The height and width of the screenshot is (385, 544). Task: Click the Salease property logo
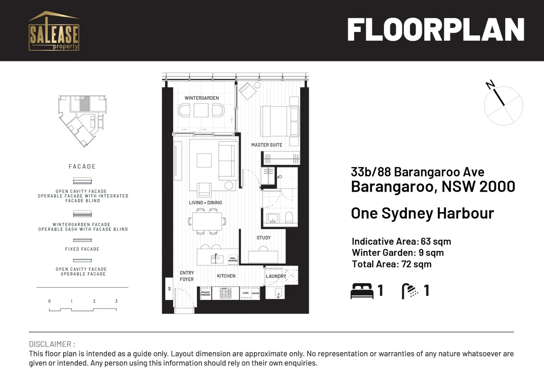tap(54, 31)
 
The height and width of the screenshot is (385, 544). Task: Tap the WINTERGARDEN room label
tap(202, 98)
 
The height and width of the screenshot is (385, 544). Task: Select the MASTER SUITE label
tap(267, 145)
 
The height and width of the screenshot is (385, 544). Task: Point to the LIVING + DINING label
tap(205, 202)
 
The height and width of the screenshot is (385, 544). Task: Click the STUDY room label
tap(263, 238)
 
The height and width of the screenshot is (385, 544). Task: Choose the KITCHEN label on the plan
tap(226, 276)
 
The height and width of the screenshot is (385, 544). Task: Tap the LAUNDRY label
tap(276, 276)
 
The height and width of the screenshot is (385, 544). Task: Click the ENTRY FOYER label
tap(187, 276)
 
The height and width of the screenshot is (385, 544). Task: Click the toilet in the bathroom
tap(289, 217)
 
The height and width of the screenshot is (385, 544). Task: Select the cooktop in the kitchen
tap(225, 293)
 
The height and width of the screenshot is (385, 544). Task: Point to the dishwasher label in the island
tap(233, 259)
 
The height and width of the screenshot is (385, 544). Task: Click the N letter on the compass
tap(490, 84)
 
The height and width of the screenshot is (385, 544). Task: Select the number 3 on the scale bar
tap(116, 301)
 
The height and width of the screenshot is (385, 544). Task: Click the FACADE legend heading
tap(82, 166)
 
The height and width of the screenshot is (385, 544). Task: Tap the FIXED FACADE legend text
tap(82, 249)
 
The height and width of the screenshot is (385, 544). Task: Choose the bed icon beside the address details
tap(362, 291)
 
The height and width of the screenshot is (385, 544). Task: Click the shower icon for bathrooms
tap(410, 291)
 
